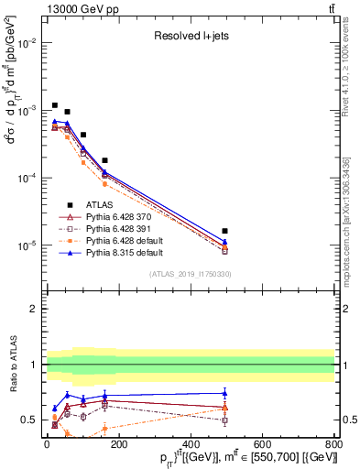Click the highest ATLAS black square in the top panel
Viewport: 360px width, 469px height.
coord(55,105)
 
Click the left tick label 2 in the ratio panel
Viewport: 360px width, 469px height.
coord(35,309)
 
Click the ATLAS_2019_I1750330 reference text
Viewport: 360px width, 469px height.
coord(190,274)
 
